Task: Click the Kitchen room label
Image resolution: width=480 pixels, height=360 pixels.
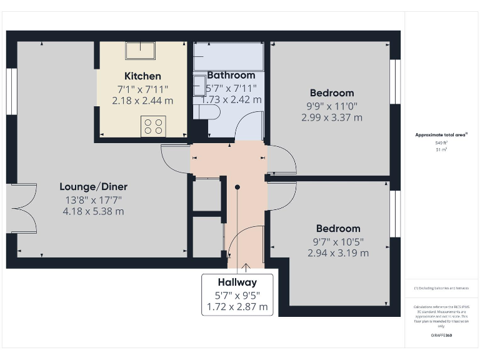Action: tap(142, 76)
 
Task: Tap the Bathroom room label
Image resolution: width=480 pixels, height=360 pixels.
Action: tap(231, 75)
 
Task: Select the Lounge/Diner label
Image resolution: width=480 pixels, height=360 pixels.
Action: tap(94, 186)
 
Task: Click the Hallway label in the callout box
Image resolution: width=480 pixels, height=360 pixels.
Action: tap(237, 282)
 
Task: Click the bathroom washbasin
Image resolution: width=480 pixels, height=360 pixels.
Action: tap(199, 84)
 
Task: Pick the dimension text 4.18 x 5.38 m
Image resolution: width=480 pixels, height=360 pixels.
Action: tap(94, 211)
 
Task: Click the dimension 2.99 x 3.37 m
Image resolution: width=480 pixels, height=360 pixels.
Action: tap(331, 117)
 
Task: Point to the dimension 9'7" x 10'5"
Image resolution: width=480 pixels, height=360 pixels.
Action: tap(338, 241)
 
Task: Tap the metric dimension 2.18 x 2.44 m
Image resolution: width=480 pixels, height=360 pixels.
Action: tap(142, 100)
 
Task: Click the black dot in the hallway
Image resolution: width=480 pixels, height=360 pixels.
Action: tap(237, 187)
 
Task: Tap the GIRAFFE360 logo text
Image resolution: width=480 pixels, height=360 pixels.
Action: tap(442, 336)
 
